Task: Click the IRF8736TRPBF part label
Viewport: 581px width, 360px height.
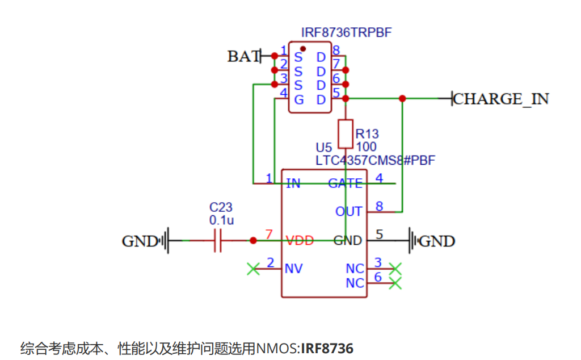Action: tap(346, 32)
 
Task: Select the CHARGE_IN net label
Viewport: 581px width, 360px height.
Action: tap(501, 99)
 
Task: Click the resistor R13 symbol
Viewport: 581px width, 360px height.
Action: tap(346, 134)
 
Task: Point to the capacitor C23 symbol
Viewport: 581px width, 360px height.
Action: tap(218, 241)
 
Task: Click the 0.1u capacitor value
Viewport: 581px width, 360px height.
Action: tap(221, 220)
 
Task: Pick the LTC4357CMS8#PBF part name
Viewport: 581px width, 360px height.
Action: tap(375, 161)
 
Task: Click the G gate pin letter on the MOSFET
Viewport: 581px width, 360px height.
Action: tap(298, 100)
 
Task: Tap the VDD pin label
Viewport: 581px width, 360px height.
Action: tap(300, 241)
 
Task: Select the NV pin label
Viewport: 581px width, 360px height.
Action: tap(293, 269)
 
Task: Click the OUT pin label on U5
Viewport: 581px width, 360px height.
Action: tap(348, 211)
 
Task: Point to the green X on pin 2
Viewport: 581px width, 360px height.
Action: tap(254, 269)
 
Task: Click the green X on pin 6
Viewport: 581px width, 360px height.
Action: tap(395, 283)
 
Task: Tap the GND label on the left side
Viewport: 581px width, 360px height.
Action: tap(140, 241)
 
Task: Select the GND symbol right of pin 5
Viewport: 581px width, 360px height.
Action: tap(412, 241)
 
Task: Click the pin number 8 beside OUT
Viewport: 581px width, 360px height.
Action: tap(379, 206)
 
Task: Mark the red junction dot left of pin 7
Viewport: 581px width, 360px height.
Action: tap(253, 241)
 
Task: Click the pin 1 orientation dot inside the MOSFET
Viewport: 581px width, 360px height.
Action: tap(303, 49)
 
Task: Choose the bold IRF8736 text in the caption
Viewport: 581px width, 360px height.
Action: tap(327, 349)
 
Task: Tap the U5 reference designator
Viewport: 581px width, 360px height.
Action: tap(323, 148)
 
